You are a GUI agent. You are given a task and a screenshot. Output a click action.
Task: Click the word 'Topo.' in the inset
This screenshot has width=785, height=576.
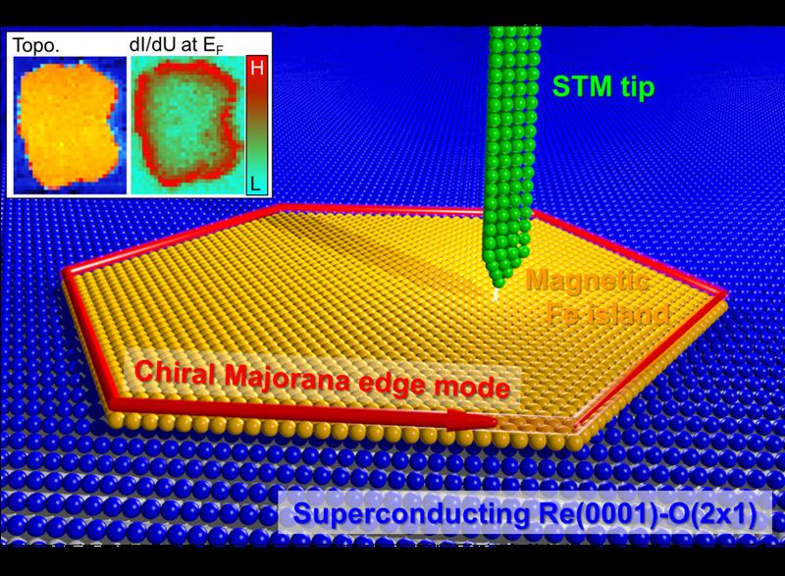(36, 45)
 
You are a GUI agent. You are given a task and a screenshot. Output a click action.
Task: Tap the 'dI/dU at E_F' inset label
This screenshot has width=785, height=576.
(177, 45)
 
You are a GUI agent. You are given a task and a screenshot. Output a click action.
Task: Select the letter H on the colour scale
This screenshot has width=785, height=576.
(257, 67)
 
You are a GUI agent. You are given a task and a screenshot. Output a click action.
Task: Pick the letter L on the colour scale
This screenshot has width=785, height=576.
(256, 184)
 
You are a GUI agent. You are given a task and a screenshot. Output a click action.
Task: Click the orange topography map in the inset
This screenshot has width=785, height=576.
(70, 125)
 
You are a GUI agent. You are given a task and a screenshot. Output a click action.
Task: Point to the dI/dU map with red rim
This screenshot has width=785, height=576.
(186, 125)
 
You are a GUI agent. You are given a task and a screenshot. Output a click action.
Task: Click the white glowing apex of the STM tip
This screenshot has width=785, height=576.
(496, 293)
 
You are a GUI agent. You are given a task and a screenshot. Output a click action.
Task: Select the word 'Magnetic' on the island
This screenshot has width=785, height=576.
(587, 281)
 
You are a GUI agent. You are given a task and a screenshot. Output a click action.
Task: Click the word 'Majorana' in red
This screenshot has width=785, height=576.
(287, 378)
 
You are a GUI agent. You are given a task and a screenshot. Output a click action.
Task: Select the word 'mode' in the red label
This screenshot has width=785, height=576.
(472, 388)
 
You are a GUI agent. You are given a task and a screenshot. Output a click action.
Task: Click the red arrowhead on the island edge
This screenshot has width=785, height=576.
(472, 420)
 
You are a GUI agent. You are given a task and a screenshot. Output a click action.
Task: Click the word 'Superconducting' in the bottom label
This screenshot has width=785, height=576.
(411, 514)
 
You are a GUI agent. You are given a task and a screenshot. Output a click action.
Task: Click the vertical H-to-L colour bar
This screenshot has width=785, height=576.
(257, 125)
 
